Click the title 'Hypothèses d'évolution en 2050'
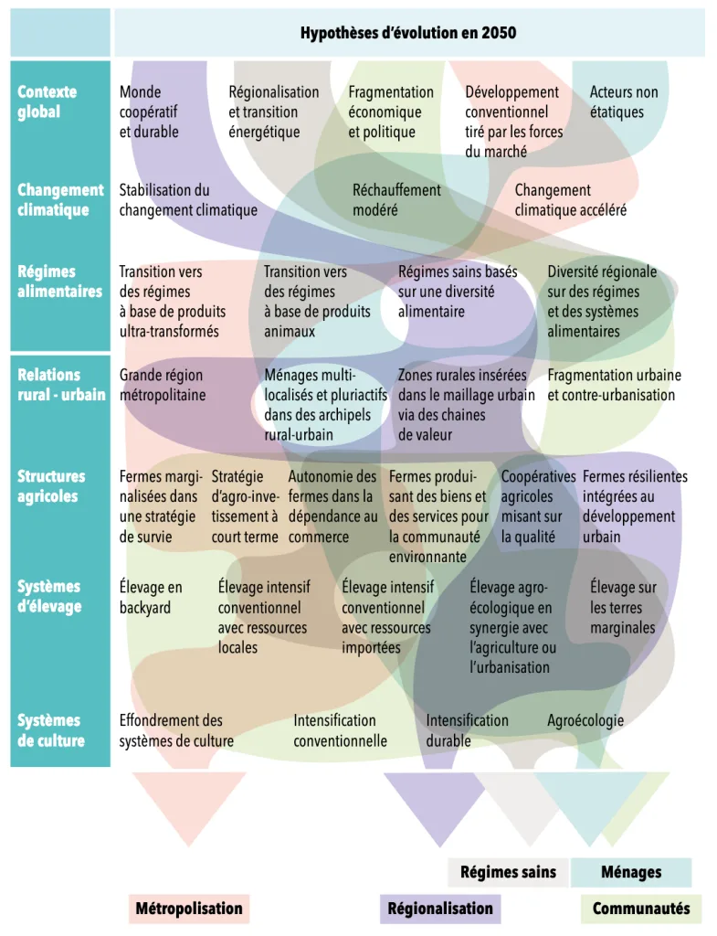pos(408,33)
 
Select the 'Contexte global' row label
pos(47,101)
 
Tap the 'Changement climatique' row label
pos(60,199)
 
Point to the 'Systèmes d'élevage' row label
pos(49,596)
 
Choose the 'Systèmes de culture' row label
pos(51,730)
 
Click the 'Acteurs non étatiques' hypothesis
pos(624,101)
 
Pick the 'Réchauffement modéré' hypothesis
pos(396,199)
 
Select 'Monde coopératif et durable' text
pos(149,112)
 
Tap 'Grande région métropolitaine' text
pos(163,385)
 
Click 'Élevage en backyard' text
pos(151,597)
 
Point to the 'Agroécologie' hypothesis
pos(585,720)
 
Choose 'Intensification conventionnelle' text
pos(340,730)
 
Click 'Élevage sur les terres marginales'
pos(623,607)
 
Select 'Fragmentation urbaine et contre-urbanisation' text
pos(614,385)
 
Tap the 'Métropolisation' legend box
pos(189,909)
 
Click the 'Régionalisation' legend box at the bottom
pos(439,909)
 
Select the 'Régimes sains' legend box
pos(508,872)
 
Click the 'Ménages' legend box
pos(631,872)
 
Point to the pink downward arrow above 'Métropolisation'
pos(189,804)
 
